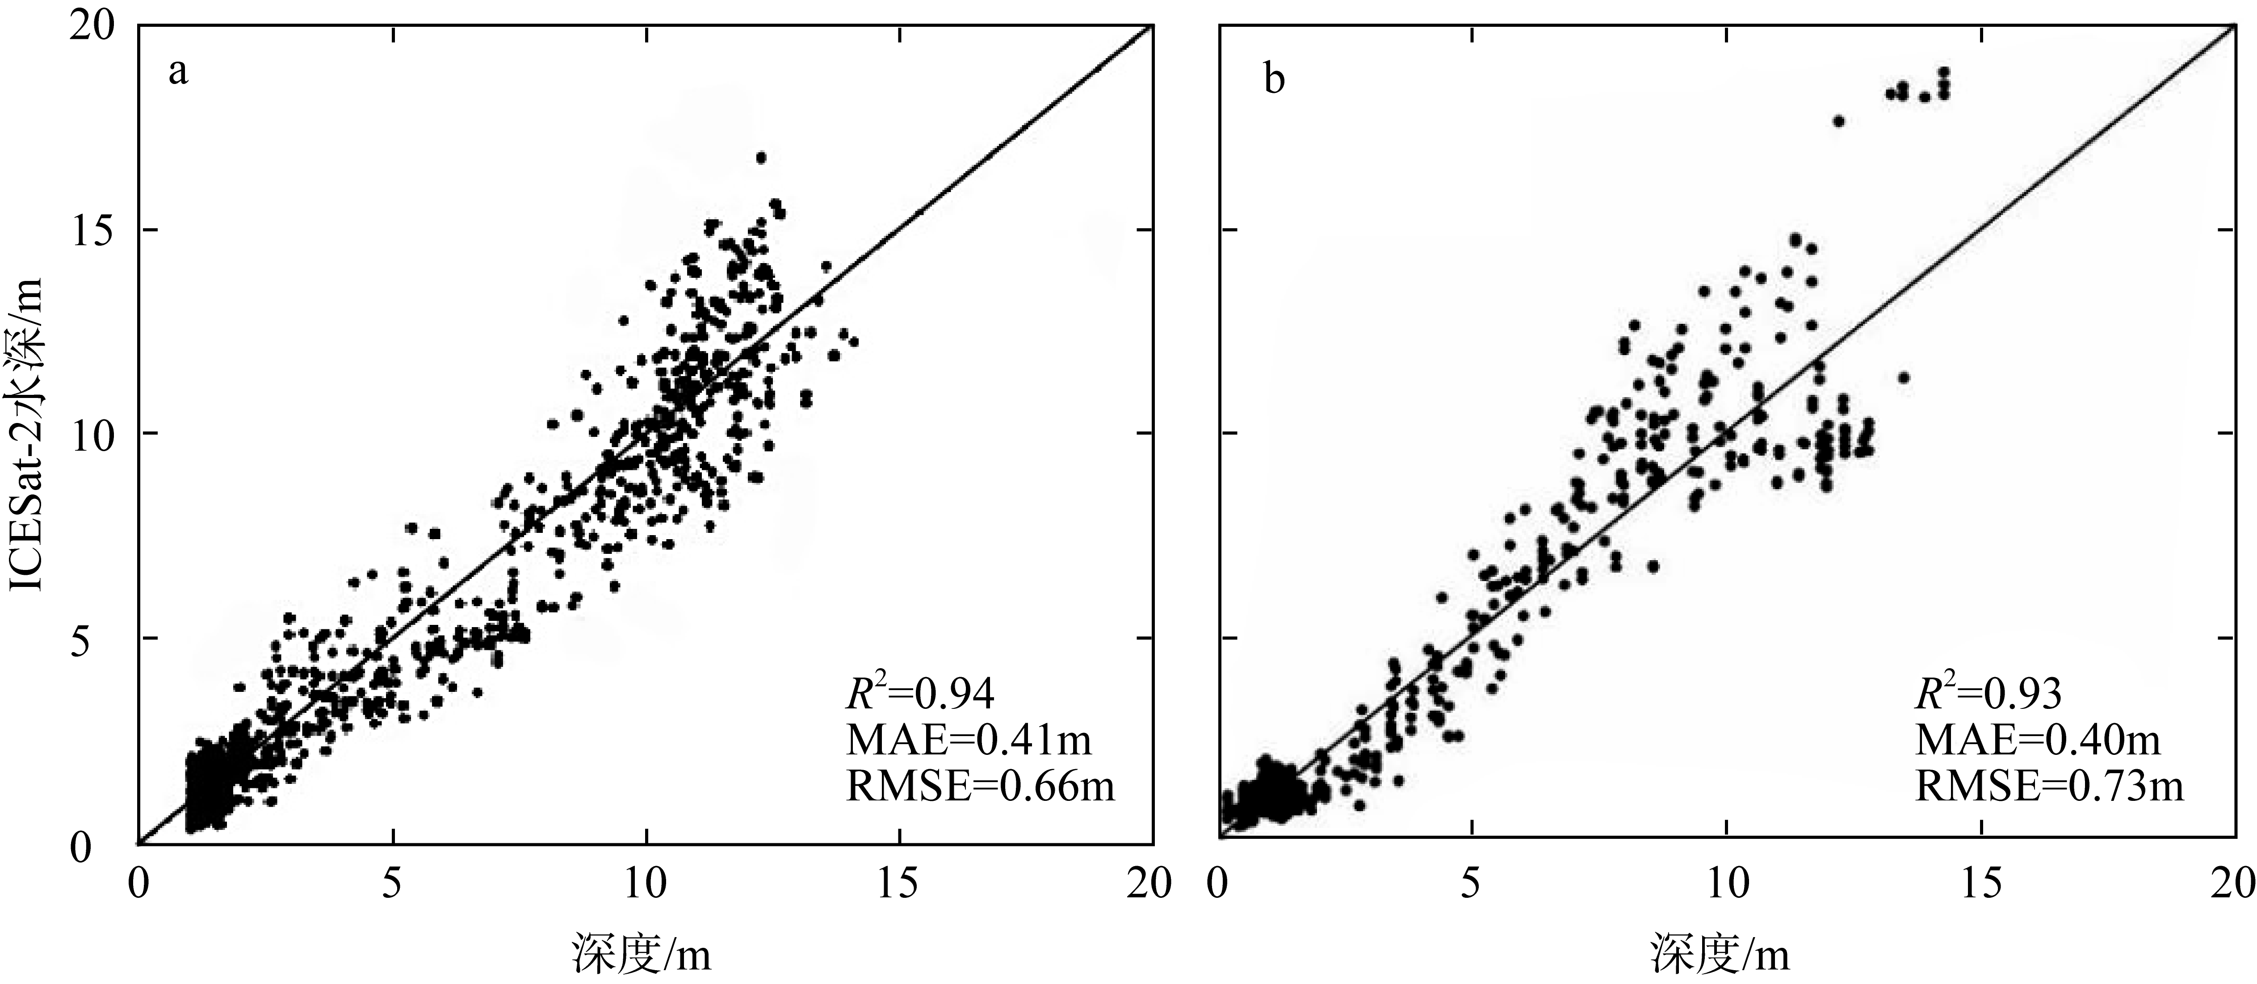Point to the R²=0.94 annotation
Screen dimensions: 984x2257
point(920,693)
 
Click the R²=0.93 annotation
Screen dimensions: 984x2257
point(1987,693)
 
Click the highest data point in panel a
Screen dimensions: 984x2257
point(760,158)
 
